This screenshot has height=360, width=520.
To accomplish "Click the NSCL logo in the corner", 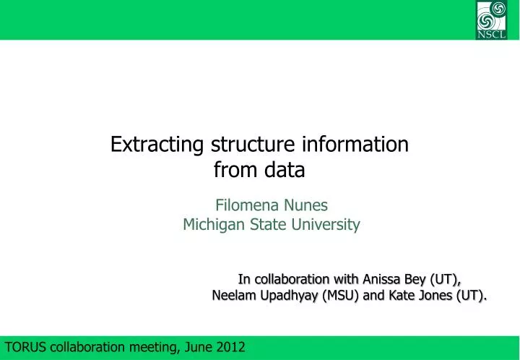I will pos(492,20).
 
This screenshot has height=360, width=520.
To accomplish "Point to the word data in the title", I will pos(286,171).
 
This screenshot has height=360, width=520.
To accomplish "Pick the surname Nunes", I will pos(308,205).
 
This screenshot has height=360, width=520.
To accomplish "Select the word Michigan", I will pos(213,225).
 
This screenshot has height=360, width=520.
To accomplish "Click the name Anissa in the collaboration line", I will pos(384,279).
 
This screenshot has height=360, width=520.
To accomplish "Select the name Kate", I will pos(406,295).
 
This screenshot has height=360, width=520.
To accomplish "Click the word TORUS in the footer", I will pos(25,348).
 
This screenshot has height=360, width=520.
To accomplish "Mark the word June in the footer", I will pos(197,348).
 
